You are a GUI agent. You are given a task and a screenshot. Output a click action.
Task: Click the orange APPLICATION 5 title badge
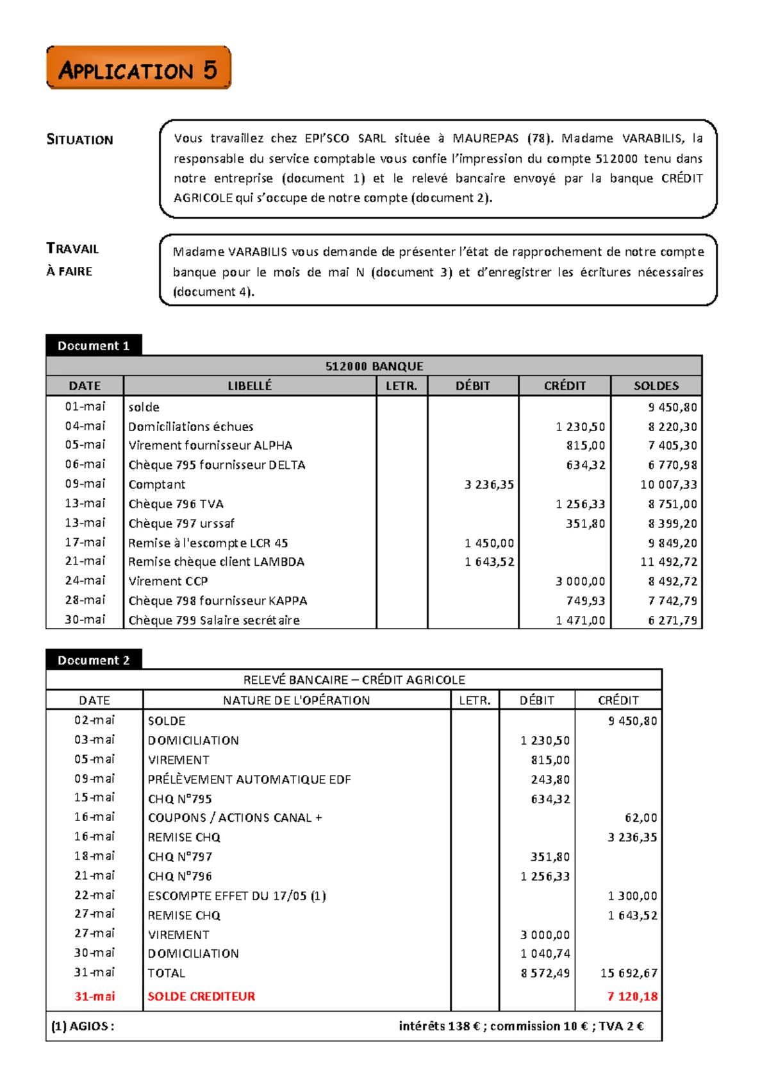coord(138,68)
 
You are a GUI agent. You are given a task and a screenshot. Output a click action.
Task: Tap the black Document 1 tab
coord(94,346)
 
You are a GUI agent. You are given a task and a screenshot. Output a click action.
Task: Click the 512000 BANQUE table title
coord(374,366)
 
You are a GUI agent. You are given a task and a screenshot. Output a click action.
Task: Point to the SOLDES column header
coord(656,386)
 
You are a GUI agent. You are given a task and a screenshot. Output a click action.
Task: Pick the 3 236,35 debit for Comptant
coord(489,485)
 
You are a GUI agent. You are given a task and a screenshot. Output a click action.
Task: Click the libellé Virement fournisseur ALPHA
coord(210,446)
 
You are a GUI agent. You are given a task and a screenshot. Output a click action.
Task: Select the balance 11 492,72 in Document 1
coord(668,562)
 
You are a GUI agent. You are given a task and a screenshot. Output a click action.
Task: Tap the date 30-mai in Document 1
coord(85,620)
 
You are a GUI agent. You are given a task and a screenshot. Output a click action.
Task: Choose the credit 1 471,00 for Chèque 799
coord(581,620)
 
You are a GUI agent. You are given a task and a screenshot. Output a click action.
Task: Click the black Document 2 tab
coord(94,660)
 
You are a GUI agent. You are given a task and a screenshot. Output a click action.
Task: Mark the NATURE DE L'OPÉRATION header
coord(296,701)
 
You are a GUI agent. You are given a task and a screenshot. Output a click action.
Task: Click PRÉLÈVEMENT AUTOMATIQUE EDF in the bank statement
coord(249,779)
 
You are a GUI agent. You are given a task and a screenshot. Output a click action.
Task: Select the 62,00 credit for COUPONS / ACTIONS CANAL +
coord(641,818)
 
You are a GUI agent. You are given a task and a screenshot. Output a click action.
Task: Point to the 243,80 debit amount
coord(550,779)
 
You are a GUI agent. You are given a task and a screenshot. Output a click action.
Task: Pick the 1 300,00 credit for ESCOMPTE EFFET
coord(632,896)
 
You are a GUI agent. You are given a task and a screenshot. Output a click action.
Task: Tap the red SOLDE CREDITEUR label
coord(201,996)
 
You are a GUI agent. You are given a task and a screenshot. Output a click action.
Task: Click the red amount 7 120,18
coord(632,996)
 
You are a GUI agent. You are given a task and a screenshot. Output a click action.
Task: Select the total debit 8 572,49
coord(545,973)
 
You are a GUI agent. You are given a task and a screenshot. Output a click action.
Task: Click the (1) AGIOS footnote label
coord(83,1026)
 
